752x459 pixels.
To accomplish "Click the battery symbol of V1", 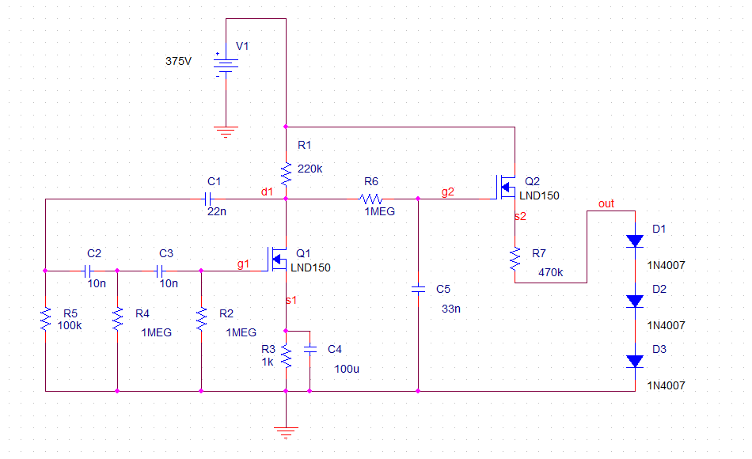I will [226, 65].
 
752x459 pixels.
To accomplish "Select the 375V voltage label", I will [178, 61].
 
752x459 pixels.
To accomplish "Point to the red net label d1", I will [267, 192].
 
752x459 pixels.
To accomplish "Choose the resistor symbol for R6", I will [371, 199].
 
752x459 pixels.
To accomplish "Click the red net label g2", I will [448, 192].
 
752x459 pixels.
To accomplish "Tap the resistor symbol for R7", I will [515, 257].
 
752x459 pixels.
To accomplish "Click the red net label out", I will [606, 203].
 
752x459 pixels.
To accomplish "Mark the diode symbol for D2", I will [634, 301].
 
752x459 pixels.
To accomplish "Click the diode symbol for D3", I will [634, 361].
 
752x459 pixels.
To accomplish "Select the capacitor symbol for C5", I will [418, 290].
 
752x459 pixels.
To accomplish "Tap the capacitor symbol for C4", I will [310, 349].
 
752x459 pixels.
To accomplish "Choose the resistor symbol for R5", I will [46, 319].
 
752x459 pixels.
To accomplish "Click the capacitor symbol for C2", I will [89, 270].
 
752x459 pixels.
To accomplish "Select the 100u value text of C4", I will [346, 369].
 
